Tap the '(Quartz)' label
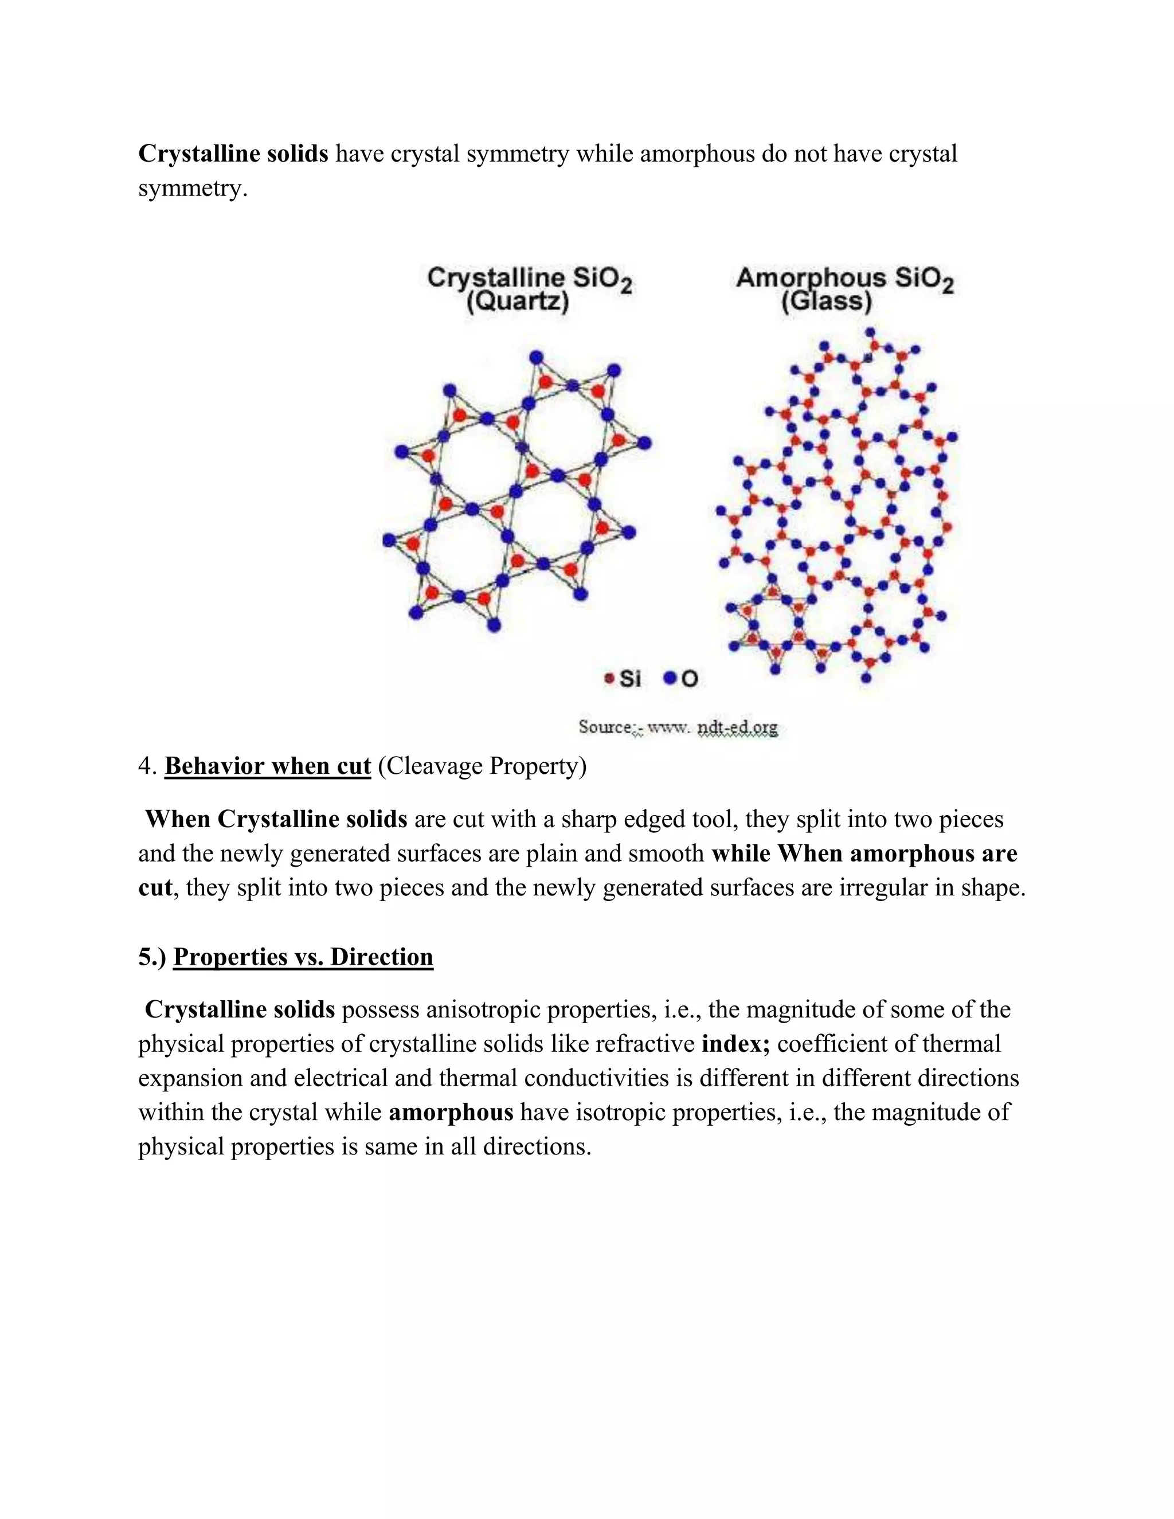click(x=518, y=303)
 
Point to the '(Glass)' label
click(x=826, y=303)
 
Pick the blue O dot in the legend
click(x=670, y=678)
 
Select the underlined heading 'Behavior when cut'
click(x=268, y=766)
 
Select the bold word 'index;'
click(x=736, y=1044)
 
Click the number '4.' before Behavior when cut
click(x=148, y=766)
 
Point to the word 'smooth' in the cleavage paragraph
click(x=666, y=854)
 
